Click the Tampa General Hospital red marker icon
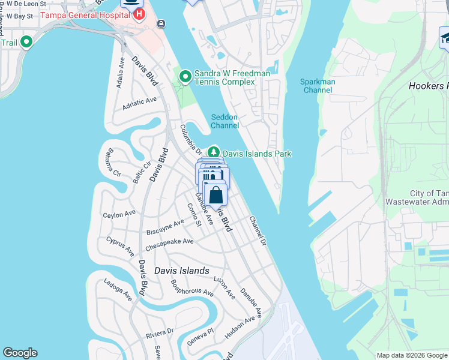coord(139,14)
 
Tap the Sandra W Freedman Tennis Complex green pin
coord(185,76)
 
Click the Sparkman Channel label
coord(318,86)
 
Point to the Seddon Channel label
coord(225,121)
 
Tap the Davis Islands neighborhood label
coord(182,271)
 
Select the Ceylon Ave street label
coord(119,214)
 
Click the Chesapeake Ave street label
coord(169,242)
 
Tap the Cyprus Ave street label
coord(120,246)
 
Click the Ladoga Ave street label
coord(118,289)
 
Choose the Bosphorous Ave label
coord(192,289)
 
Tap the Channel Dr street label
coord(257,230)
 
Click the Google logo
coord(20,352)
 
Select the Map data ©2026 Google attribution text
coord(411,355)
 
